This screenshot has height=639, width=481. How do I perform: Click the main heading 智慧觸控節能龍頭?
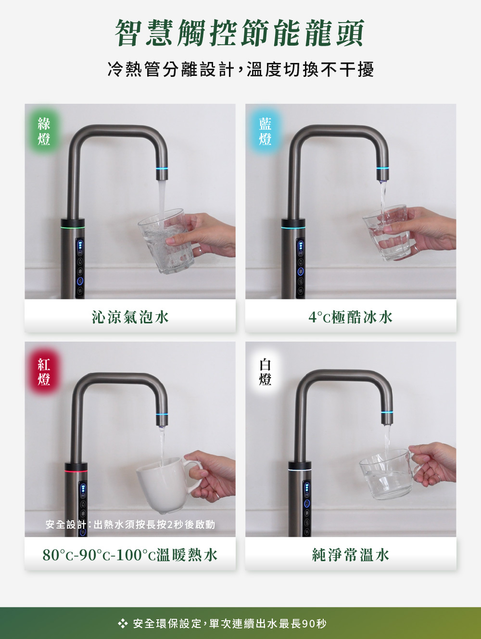(x=240, y=34)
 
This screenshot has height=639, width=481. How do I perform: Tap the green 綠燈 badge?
(x=44, y=132)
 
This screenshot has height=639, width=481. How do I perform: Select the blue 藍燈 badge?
(x=265, y=132)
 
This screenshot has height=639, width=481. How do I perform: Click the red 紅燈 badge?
(x=44, y=372)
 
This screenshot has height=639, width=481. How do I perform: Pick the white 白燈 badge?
(x=265, y=372)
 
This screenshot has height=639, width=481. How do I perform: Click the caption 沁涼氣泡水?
(x=130, y=317)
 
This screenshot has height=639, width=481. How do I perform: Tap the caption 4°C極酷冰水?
(x=351, y=317)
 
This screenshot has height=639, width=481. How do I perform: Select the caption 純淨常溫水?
(x=351, y=555)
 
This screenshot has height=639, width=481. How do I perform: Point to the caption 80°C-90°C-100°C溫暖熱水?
(x=130, y=555)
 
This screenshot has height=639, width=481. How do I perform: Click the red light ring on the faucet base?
(x=76, y=471)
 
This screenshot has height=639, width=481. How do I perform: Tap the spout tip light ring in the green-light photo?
(x=162, y=169)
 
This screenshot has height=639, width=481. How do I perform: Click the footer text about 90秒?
(x=230, y=624)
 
